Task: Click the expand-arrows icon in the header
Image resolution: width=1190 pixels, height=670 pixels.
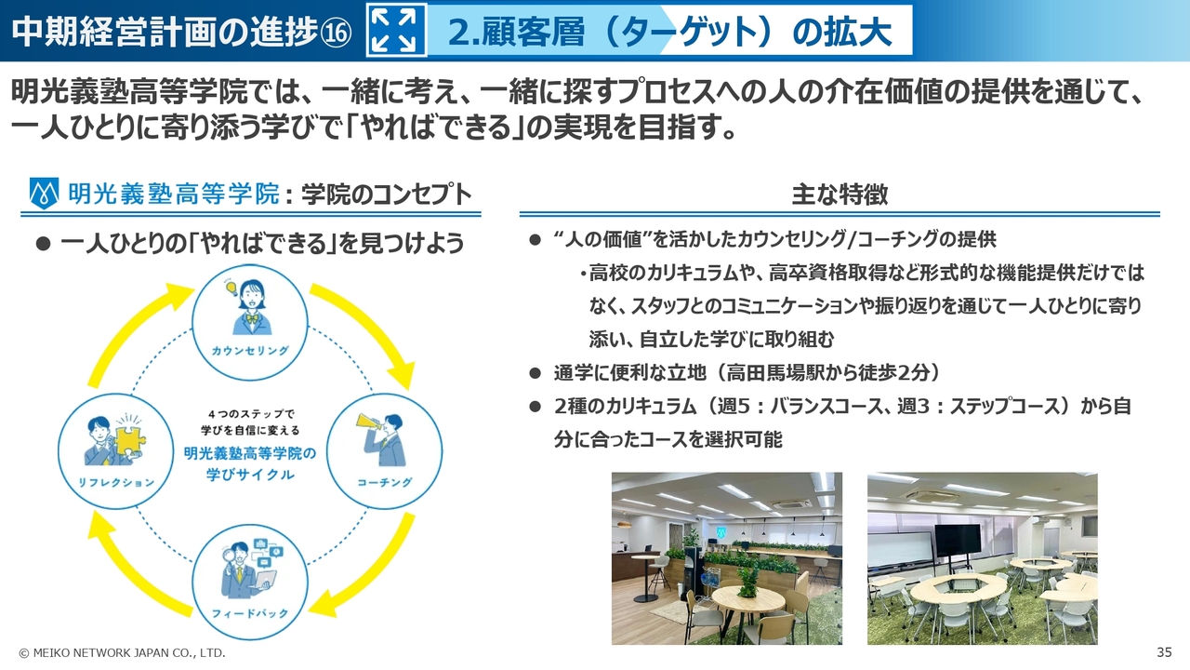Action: pos(396,30)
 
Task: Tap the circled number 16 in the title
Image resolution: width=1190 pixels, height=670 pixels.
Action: pos(336,33)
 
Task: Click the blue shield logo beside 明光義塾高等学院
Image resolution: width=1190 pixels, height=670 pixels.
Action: pos(44,194)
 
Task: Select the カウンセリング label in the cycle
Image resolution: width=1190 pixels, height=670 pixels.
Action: pos(250,351)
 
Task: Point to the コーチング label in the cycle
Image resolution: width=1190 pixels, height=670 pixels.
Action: pos(385,482)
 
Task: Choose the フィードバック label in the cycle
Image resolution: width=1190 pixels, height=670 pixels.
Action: pos(250,613)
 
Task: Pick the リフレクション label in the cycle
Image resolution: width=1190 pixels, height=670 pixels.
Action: pos(116,482)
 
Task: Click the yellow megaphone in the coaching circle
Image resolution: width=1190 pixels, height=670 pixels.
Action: pos(369,422)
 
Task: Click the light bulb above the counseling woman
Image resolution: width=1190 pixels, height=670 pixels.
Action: pos(231,288)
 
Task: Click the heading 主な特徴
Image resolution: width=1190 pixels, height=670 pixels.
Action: pos(840,194)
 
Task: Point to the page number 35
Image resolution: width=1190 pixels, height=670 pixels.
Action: pos(1164,652)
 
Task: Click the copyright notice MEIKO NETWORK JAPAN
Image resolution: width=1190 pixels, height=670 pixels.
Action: pos(122,652)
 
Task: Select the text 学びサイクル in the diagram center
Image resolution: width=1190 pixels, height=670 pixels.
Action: pos(250,474)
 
